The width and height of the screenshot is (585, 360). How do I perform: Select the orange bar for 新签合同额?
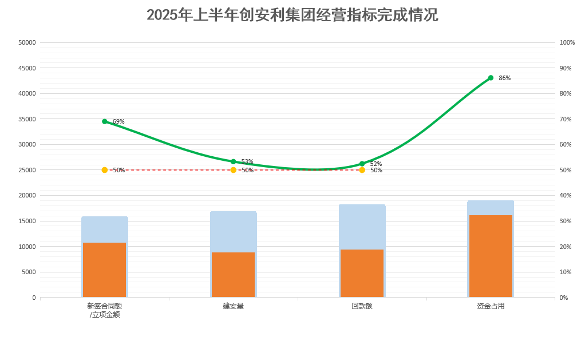(x=104, y=270)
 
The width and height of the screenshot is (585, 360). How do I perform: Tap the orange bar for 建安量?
(x=233, y=275)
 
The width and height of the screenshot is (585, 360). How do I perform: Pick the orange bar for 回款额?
(x=362, y=273)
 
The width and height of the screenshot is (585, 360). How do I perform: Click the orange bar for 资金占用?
(x=491, y=256)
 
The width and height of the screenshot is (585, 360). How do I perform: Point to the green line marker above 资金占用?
(x=491, y=78)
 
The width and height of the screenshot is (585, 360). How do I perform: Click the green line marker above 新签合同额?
(x=105, y=121)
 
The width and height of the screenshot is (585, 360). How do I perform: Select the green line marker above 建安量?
(x=233, y=162)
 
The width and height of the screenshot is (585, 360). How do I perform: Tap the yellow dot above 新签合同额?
(x=105, y=170)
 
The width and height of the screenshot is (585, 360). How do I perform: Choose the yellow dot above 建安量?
(x=233, y=170)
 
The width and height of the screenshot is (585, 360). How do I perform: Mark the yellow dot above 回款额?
(x=362, y=170)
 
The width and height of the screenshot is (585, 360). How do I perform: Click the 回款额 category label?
(x=362, y=306)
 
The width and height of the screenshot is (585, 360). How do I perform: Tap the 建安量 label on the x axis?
(x=233, y=306)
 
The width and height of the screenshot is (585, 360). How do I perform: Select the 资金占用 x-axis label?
(x=491, y=306)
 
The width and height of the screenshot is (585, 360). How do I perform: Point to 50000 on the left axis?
(x=27, y=42)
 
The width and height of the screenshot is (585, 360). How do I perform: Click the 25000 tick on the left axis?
(x=27, y=170)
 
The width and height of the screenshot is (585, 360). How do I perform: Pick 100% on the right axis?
(x=567, y=42)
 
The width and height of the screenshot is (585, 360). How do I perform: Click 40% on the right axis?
(x=566, y=196)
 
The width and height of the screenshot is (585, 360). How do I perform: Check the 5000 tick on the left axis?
(x=29, y=272)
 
